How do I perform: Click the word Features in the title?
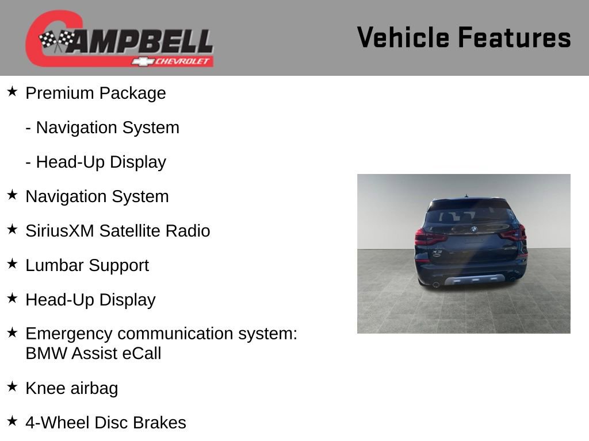[x=514, y=38]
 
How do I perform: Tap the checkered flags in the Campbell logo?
[x=56, y=40]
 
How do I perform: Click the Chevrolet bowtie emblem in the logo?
[x=141, y=61]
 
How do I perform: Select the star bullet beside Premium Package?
[x=12, y=91]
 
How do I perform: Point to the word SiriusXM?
[x=60, y=231]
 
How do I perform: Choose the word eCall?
[x=141, y=353]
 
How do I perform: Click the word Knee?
[x=45, y=388]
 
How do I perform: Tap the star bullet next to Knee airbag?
[x=12, y=386]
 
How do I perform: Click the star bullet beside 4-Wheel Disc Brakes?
[x=12, y=421]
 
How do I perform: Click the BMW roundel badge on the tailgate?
[x=474, y=229]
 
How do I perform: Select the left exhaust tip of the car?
[x=436, y=284]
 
